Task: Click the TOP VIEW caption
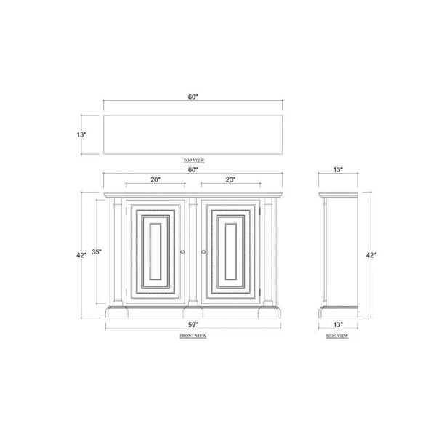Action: point(194,161)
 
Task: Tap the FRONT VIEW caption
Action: point(193,336)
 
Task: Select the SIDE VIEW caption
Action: point(337,336)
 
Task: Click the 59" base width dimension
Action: point(193,324)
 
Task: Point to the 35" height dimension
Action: point(97,252)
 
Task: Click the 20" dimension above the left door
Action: point(156,179)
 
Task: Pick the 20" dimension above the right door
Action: point(230,179)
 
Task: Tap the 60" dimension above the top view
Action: point(193,97)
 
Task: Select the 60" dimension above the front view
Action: point(193,169)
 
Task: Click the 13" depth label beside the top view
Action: point(81,134)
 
